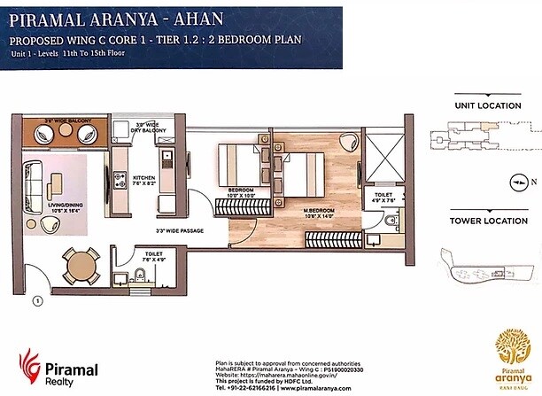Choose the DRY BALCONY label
149,128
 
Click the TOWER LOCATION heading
487,220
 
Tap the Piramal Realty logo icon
29,365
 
